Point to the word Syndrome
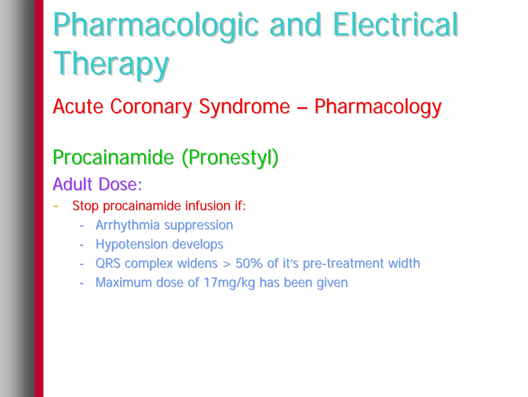click(x=244, y=107)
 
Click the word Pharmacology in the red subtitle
click(x=378, y=107)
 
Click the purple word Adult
click(x=72, y=184)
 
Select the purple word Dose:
click(x=120, y=184)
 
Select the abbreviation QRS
click(x=108, y=263)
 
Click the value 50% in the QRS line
click(x=249, y=263)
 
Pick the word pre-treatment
click(x=343, y=263)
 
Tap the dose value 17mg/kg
click(x=229, y=283)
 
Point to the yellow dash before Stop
click(x=55, y=206)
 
